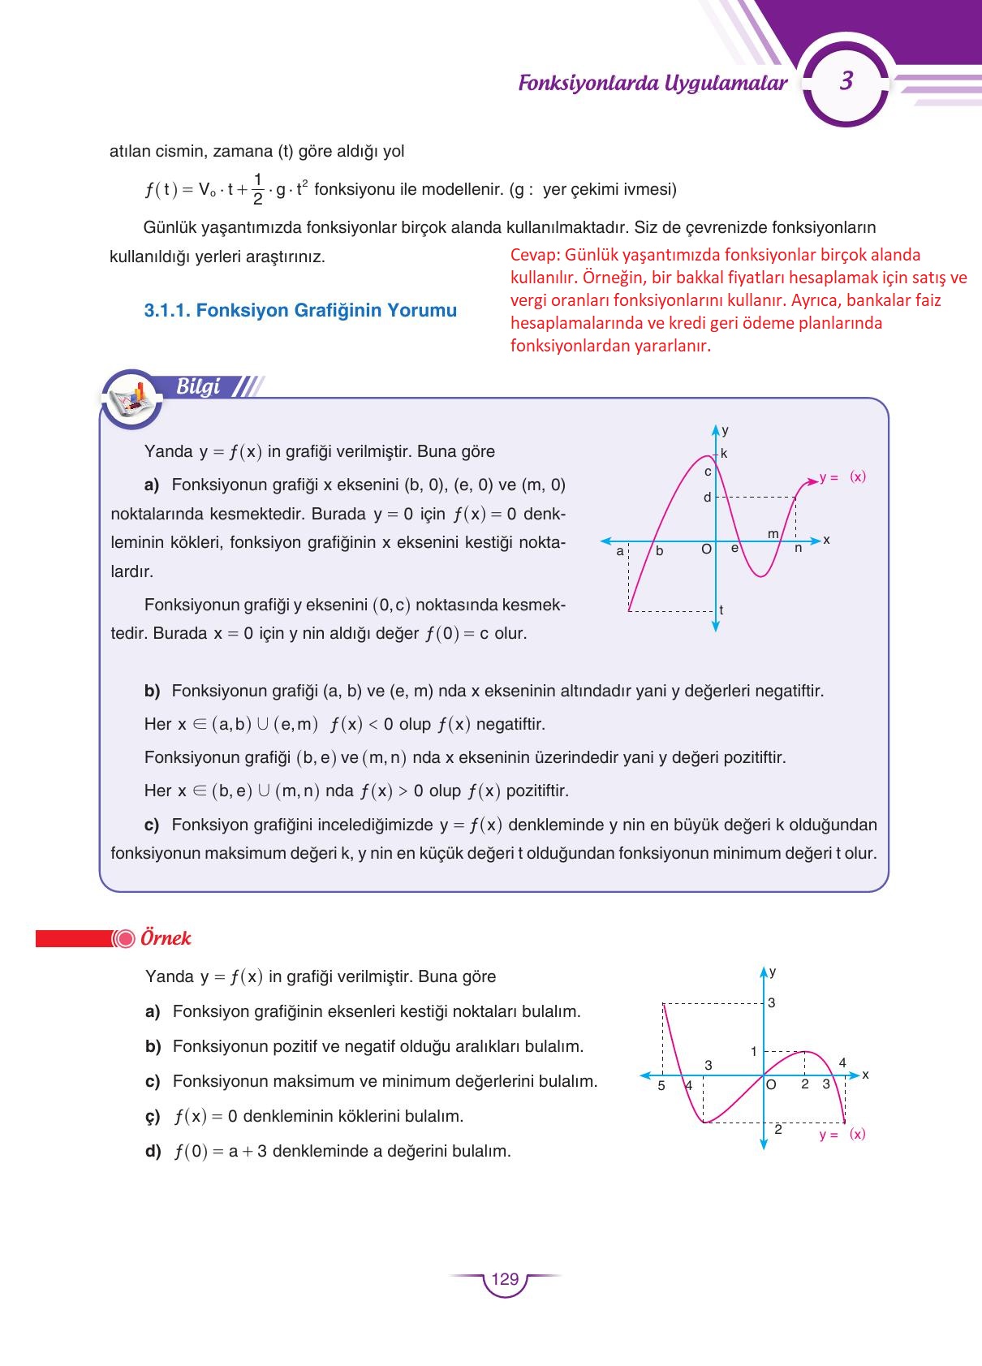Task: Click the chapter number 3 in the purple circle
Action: (x=846, y=81)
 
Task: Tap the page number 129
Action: (x=505, y=1279)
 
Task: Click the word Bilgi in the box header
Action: (x=198, y=387)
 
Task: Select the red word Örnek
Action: (x=166, y=938)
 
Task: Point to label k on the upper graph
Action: (x=724, y=454)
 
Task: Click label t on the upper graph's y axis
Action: (x=721, y=610)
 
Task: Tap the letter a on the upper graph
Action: (x=620, y=551)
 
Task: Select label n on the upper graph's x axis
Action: (x=798, y=548)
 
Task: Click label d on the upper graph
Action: (x=707, y=498)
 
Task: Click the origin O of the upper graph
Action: (x=706, y=549)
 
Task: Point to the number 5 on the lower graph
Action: (x=661, y=1086)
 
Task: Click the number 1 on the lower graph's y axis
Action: (x=753, y=1052)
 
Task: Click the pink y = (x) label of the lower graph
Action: (x=842, y=1135)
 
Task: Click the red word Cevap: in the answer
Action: (x=535, y=255)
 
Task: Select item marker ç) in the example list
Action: (x=153, y=1117)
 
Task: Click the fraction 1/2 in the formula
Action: (x=257, y=189)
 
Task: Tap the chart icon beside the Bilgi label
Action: (x=131, y=399)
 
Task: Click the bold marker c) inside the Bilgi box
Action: (x=152, y=825)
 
